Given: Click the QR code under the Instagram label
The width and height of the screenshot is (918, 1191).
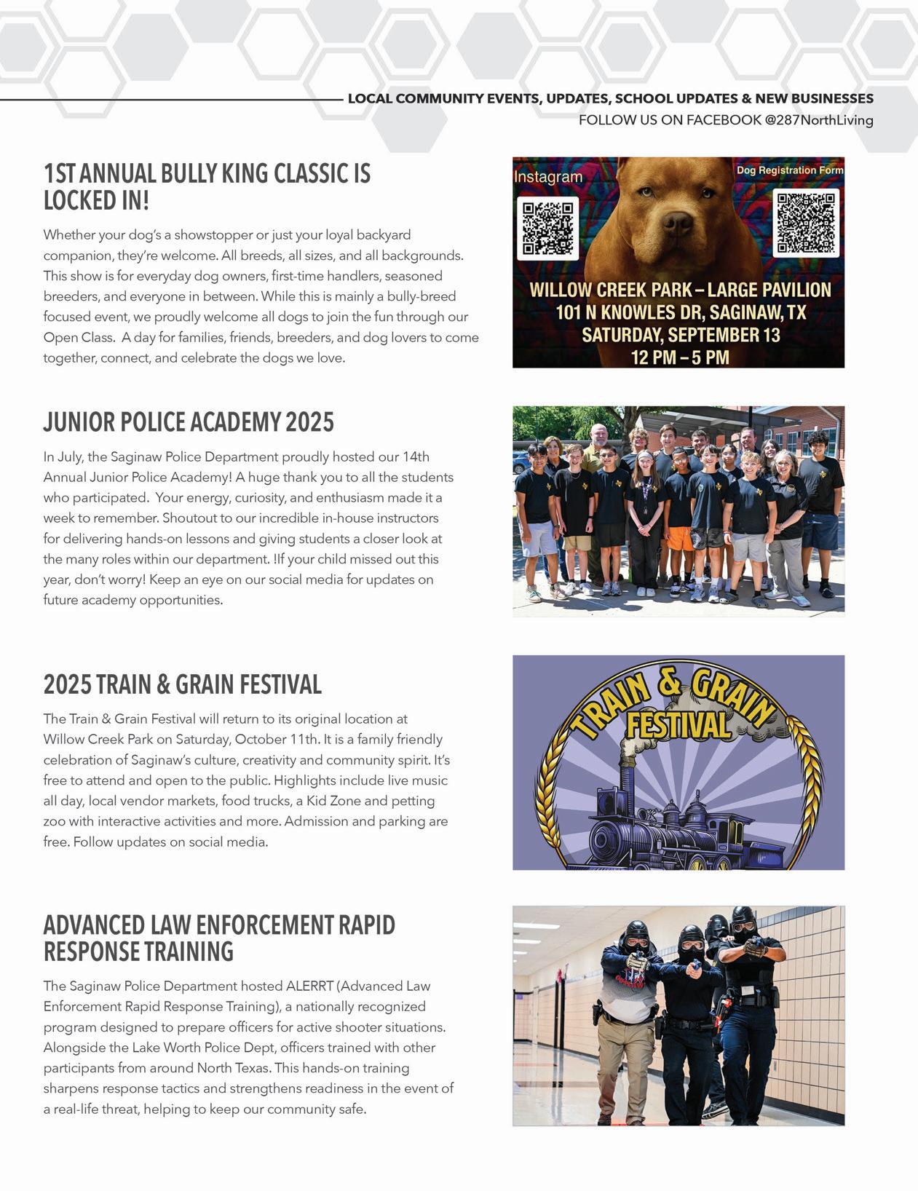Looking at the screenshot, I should (547, 228).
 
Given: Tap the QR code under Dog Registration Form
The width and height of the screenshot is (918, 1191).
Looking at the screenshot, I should (805, 223).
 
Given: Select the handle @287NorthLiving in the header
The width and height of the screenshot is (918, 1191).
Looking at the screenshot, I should (818, 120).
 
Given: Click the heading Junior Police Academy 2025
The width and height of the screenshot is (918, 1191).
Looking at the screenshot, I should (189, 422).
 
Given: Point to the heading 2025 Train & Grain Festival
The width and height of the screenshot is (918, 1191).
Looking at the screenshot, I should (182, 685).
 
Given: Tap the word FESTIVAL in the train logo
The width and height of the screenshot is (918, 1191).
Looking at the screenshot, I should (678, 726).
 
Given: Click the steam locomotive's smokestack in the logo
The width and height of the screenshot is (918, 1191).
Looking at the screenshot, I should (627, 776).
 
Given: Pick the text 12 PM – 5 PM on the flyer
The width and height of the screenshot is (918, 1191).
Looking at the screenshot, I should (679, 357).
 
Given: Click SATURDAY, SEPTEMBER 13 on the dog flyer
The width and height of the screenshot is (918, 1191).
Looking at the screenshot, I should (680, 335).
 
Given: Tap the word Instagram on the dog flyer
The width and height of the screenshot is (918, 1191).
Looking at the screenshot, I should (548, 177).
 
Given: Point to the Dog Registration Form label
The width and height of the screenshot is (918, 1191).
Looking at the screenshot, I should (789, 170).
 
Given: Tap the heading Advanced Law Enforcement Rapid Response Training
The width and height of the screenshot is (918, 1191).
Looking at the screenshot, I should (218, 938).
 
